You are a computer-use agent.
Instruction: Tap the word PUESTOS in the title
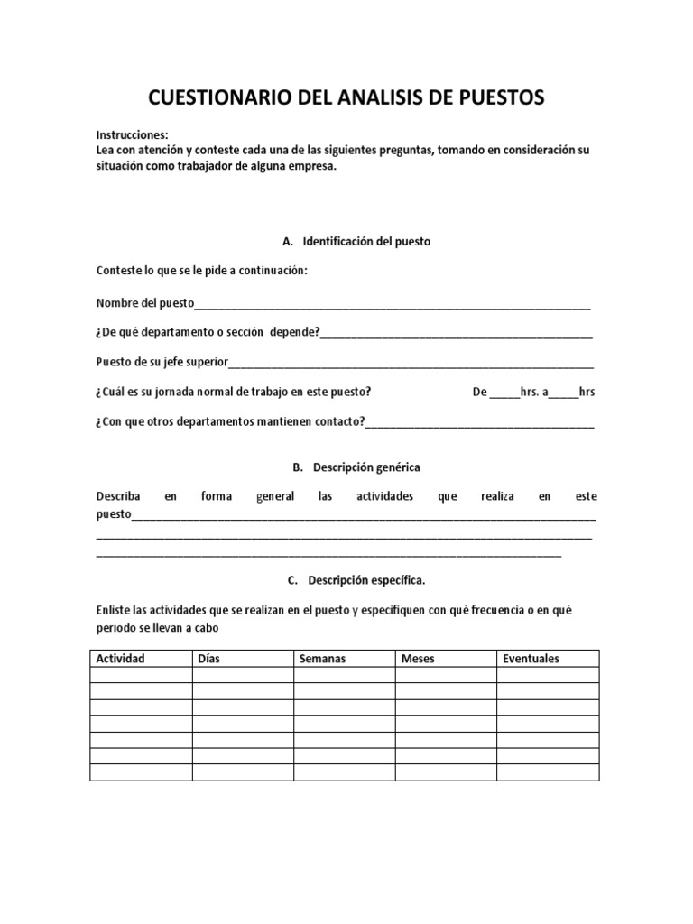click(499, 97)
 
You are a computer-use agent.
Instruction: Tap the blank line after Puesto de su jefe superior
click(411, 364)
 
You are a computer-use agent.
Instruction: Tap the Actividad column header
click(121, 659)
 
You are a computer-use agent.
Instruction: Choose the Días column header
click(208, 659)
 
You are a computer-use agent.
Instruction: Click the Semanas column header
click(322, 659)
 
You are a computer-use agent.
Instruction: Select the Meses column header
click(418, 659)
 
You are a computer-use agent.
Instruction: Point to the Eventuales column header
click(531, 659)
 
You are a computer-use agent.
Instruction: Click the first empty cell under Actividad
click(141, 675)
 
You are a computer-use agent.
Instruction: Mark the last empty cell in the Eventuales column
click(548, 772)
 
